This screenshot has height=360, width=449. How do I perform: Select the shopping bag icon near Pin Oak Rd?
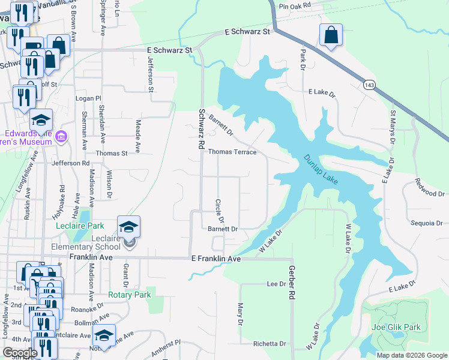331,35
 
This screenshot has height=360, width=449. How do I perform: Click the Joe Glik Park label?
396,327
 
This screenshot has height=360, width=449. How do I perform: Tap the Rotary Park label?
129,295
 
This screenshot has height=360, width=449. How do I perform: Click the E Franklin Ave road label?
215,259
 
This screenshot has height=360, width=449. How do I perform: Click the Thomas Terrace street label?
232,152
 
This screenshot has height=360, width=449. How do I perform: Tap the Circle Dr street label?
219,210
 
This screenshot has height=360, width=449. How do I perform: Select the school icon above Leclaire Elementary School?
128,227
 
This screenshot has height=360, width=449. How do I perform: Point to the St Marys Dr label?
394,124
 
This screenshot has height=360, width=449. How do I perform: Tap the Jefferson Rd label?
70,163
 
